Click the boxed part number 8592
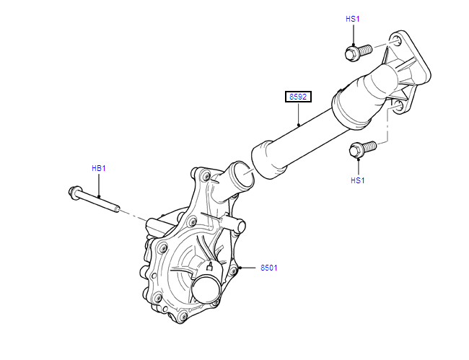(297, 96)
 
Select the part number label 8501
(268, 268)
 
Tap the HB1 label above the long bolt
(99, 168)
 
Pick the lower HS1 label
(357, 180)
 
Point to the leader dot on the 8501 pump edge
(241, 268)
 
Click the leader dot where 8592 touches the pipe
(300, 126)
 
